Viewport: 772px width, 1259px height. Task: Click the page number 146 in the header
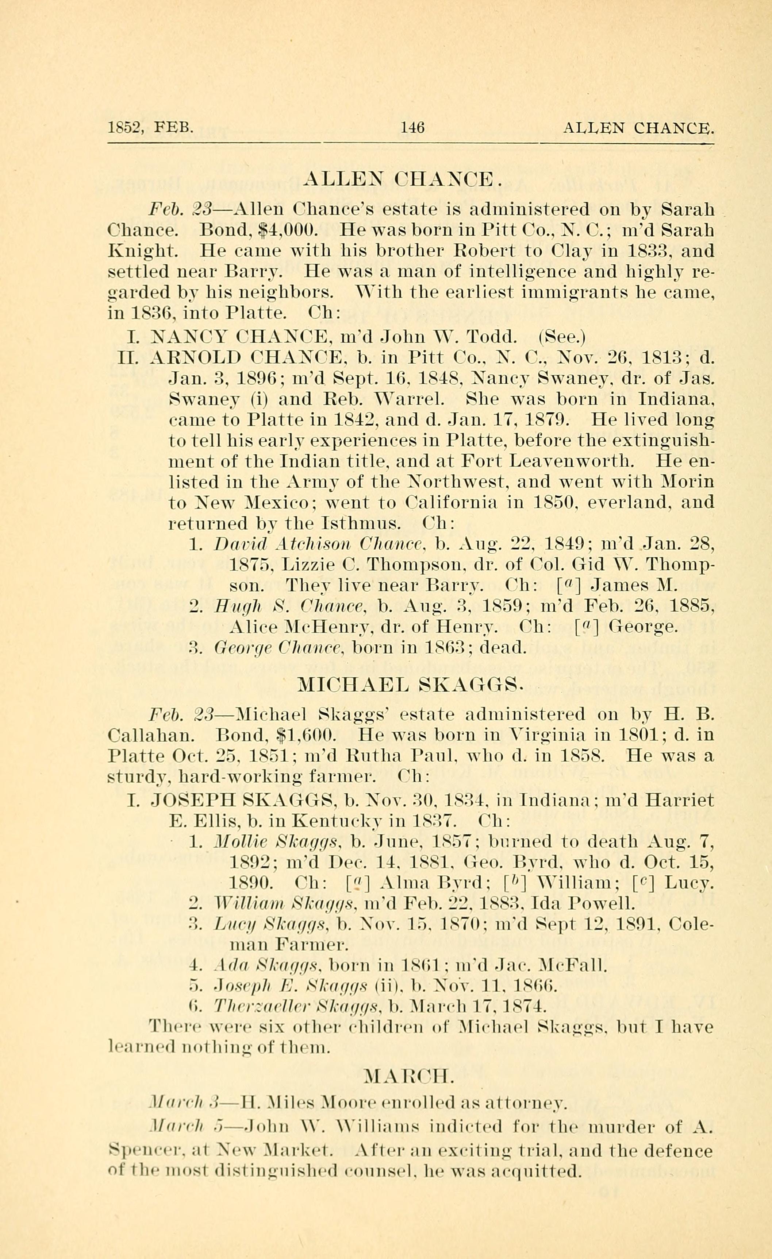click(412, 127)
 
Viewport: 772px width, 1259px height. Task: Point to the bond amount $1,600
click(305, 735)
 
